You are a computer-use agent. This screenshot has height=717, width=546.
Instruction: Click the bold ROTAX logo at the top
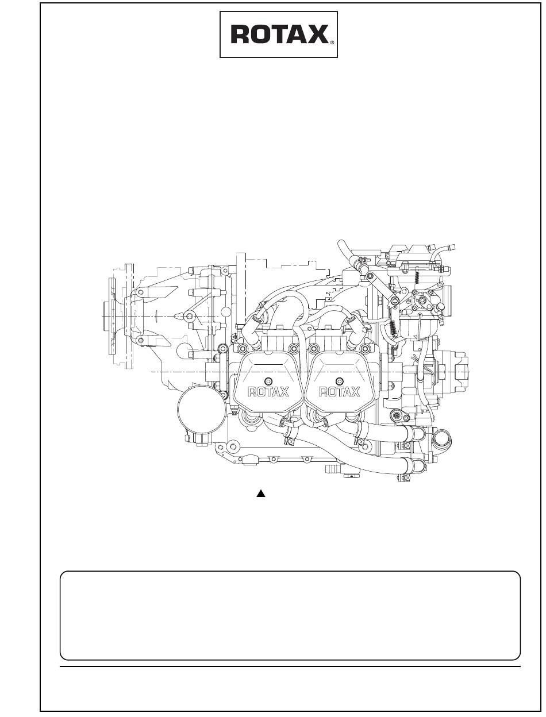tap(279, 34)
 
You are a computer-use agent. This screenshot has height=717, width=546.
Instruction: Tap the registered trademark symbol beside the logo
tap(332, 42)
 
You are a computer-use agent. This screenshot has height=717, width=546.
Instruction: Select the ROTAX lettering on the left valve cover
tap(268, 392)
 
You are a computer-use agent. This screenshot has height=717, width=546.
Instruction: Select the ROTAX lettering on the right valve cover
tap(339, 392)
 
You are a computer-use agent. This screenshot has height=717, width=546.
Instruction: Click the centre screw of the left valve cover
tap(268, 381)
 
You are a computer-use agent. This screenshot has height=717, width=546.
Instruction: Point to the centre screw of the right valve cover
tap(340, 381)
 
